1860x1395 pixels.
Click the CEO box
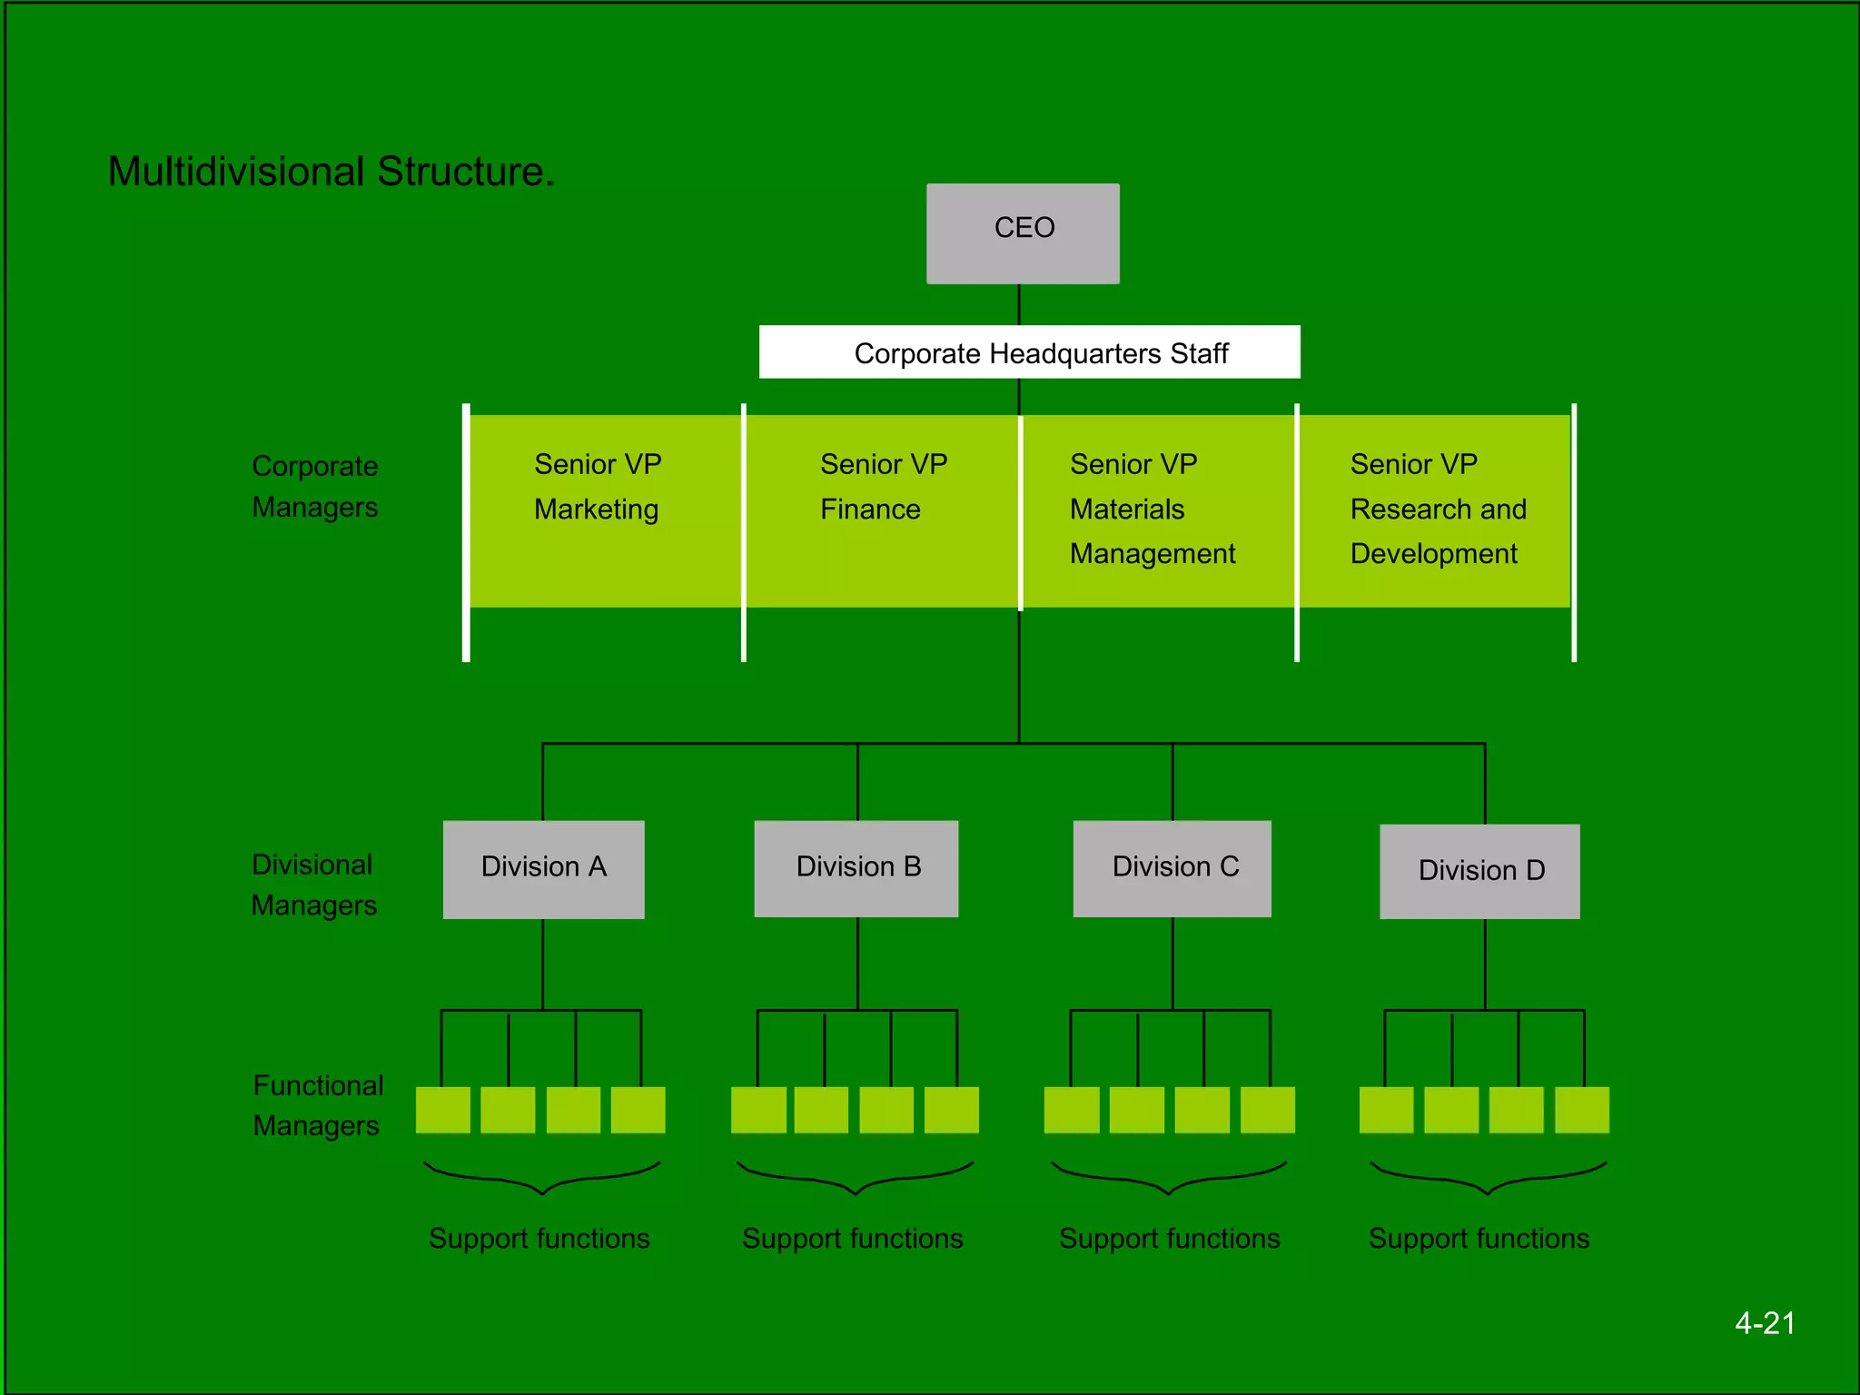[1023, 233]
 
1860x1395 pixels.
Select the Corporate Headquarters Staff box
[1029, 352]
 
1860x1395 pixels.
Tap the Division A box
[543, 869]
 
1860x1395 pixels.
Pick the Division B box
[856, 869]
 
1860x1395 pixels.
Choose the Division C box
[1172, 869]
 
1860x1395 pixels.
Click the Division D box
[1479, 872]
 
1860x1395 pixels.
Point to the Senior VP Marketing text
[597, 487]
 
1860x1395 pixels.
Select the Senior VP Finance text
[882, 487]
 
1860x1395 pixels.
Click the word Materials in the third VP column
[1126, 510]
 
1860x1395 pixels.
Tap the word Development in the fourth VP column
[1433, 554]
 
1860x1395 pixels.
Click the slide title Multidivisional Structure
[331, 172]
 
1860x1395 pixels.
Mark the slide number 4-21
[1765, 1323]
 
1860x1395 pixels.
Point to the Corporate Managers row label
[314, 487]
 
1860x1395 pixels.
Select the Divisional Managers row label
[313, 885]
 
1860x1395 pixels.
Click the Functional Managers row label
[317, 1105]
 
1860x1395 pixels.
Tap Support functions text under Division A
[539, 1239]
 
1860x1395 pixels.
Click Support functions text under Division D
[1479, 1239]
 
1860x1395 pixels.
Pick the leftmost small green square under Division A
[443, 1110]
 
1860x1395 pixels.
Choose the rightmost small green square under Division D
[1581, 1110]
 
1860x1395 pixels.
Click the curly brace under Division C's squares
[1170, 1178]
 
